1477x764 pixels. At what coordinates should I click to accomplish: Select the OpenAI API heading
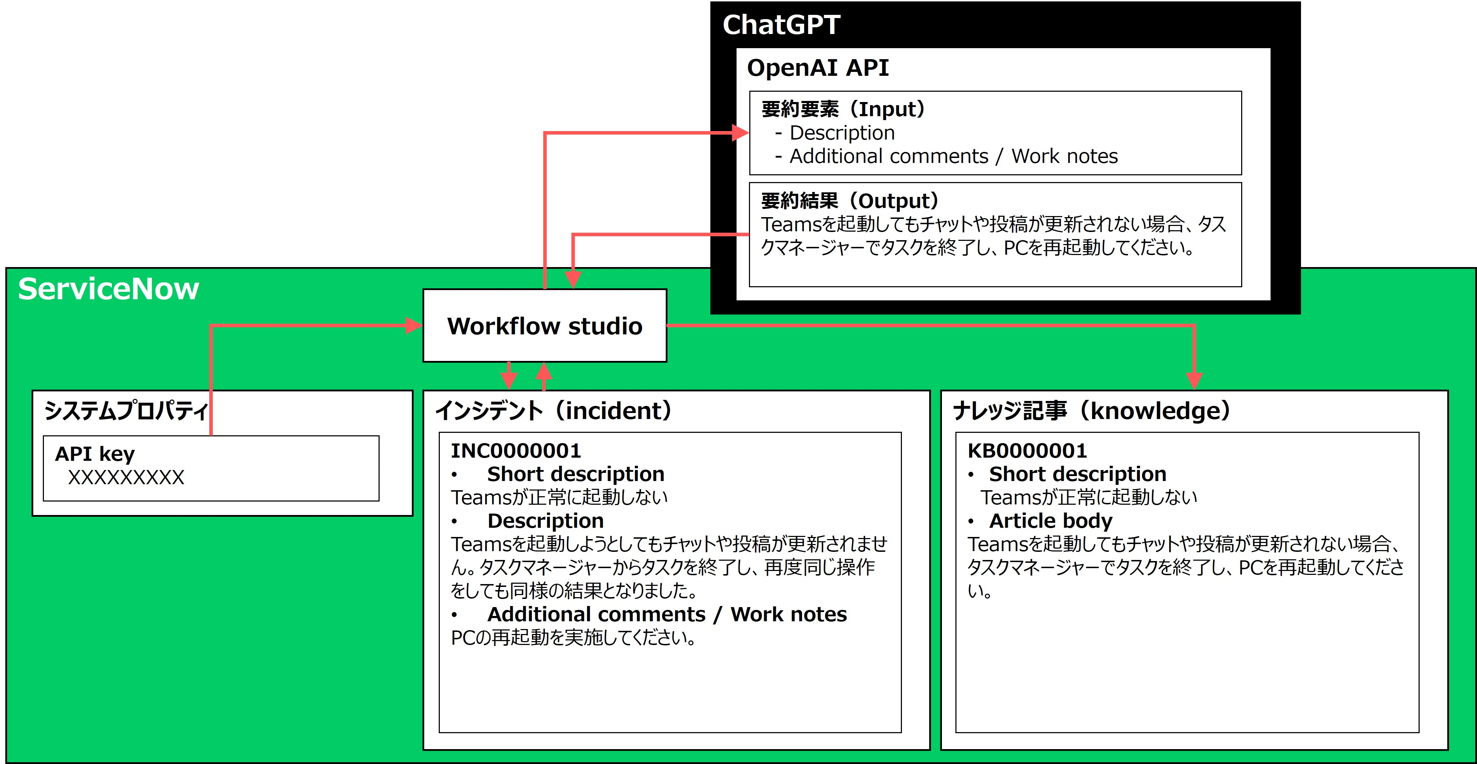tap(818, 68)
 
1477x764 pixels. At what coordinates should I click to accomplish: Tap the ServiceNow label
tap(108, 289)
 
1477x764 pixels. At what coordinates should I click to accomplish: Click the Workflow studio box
tap(545, 326)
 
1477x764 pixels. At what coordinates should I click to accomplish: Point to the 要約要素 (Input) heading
tap(843, 109)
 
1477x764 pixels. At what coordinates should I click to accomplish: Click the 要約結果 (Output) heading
tap(850, 201)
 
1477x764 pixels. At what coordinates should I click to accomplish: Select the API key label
tap(95, 454)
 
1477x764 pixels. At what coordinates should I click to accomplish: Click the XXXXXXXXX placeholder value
tap(126, 477)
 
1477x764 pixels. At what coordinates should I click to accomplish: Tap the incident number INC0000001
tap(516, 451)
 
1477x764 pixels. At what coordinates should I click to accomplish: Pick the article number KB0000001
tap(1027, 451)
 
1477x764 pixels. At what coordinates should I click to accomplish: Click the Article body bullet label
tap(1050, 521)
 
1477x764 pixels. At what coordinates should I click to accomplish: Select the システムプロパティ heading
tap(126, 411)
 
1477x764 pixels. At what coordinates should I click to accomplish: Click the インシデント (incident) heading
tap(553, 411)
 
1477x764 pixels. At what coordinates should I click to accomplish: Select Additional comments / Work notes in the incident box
tap(667, 614)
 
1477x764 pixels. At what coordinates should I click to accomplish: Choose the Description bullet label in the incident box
tap(545, 521)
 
